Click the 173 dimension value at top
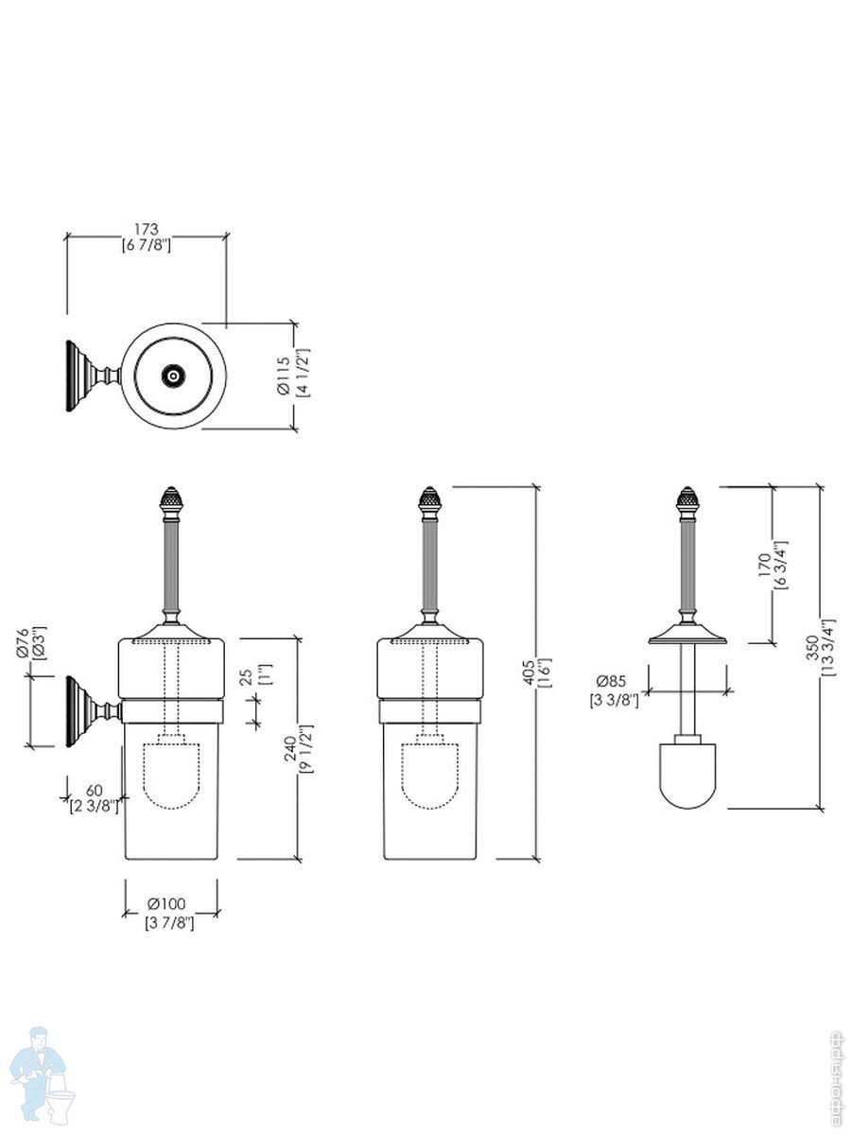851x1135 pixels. (146, 229)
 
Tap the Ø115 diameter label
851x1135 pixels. (282, 375)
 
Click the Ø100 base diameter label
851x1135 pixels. (170, 903)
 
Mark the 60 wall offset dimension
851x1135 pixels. (94, 790)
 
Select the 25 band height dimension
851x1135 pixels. (246, 677)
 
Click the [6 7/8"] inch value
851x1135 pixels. (146, 245)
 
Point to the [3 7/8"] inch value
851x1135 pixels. (170, 922)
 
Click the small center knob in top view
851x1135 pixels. (173, 376)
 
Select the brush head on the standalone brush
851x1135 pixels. (688, 775)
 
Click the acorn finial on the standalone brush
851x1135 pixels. (688, 501)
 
